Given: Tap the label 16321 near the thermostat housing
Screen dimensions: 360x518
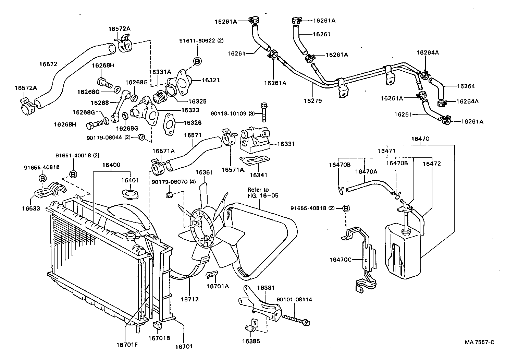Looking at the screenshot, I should (x=210, y=80).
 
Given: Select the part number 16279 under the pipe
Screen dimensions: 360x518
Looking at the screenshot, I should (x=313, y=101).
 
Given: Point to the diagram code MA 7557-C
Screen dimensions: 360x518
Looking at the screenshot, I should (x=480, y=342).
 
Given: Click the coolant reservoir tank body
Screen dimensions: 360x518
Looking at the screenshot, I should (x=403, y=252).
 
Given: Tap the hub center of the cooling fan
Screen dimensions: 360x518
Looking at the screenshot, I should (x=200, y=229).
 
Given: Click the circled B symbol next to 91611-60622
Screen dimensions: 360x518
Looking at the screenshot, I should (x=198, y=61).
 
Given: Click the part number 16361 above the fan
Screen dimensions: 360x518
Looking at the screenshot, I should (x=204, y=172).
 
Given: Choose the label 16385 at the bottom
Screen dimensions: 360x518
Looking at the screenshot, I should (x=251, y=341).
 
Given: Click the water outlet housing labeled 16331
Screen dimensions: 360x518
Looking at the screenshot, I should (x=255, y=139).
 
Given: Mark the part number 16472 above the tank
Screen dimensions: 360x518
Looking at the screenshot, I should (x=431, y=164).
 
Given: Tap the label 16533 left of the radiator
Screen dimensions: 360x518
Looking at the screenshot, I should (x=31, y=208).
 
